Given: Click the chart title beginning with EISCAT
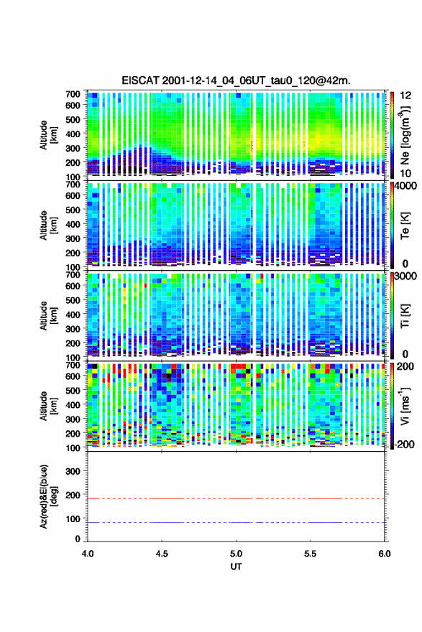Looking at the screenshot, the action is click(236, 80).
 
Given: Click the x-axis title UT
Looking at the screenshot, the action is click(236, 567).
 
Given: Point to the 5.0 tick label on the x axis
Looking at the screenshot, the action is click(236, 554).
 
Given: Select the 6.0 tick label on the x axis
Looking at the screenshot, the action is click(384, 554).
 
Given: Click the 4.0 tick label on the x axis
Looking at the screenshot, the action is click(88, 554).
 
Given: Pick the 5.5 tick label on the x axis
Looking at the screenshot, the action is click(311, 554).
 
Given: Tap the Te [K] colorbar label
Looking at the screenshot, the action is click(405, 226).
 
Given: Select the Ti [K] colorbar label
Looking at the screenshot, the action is click(405, 316).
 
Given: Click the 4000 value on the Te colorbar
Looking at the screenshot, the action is click(405, 186).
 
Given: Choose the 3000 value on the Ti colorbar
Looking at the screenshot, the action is click(405, 276).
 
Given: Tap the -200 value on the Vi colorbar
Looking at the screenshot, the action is click(404, 444).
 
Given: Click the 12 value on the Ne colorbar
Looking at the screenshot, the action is click(405, 95).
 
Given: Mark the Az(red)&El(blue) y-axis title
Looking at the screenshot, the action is click(48, 496).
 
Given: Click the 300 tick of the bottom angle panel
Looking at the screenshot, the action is click(73, 471).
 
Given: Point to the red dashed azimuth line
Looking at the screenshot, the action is click(236, 498).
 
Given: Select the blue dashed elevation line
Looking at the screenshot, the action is click(236, 522).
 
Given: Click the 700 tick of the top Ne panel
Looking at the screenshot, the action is click(73, 94).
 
